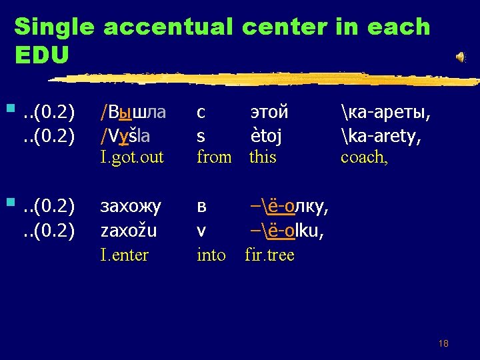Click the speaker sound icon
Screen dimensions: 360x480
coord(460,57)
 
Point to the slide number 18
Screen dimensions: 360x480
coord(443,343)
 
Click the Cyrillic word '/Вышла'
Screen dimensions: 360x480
coord(133,112)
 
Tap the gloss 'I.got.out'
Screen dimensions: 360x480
coord(131,158)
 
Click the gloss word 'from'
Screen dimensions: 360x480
coord(214,158)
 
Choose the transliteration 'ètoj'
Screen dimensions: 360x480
coord(266,136)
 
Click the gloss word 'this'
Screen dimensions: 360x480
coord(263,158)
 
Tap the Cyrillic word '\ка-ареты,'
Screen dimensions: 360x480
coord(385,112)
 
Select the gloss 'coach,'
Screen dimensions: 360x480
coord(363,158)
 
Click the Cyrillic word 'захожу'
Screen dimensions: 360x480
coord(131,207)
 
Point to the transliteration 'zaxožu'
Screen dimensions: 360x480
coord(129,231)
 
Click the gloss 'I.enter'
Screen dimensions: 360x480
coord(125,255)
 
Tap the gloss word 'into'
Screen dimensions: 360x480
coord(211,255)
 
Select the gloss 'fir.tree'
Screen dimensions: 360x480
coord(269,255)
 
